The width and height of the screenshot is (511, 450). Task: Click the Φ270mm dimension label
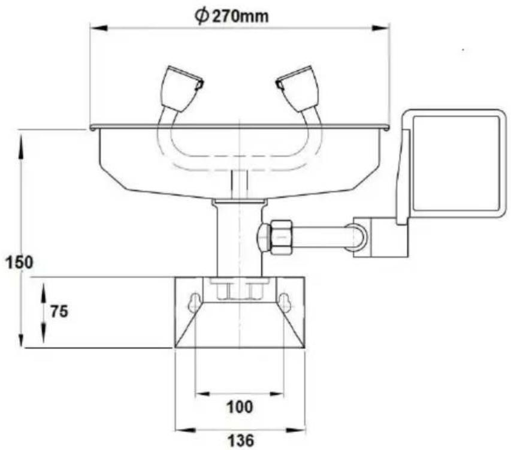(x=232, y=16)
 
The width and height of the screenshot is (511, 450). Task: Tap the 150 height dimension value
(x=20, y=262)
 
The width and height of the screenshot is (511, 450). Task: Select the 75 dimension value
(x=59, y=312)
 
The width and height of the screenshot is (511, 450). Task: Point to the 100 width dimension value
(x=240, y=407)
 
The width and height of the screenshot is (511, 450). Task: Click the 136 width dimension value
(x=240, y=441)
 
